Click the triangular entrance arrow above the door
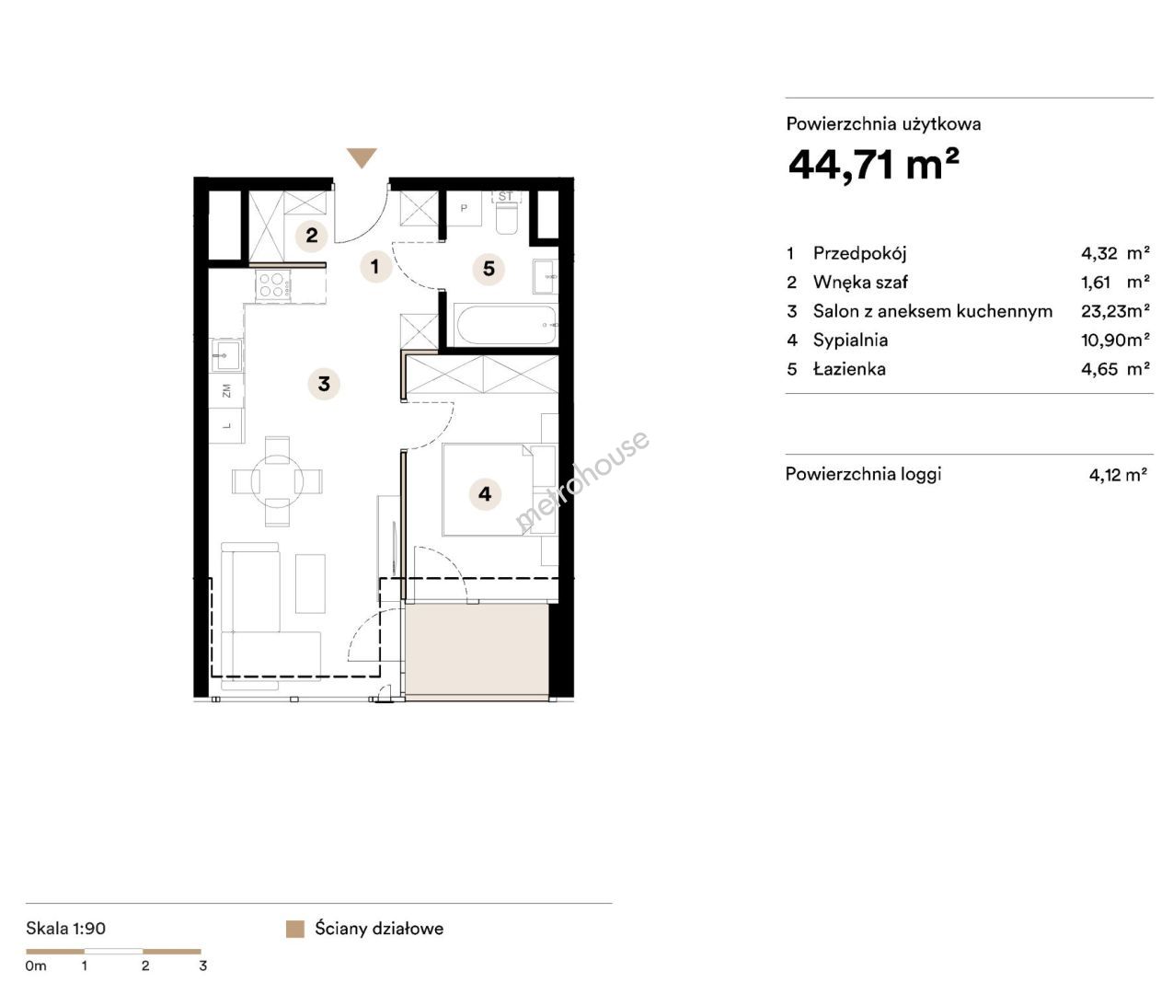pos(362,157)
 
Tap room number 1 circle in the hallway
pos(375,266)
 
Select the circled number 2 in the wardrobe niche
pos(312,235)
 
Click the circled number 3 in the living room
pos(324,384)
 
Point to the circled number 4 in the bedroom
pos(485,494)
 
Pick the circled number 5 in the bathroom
pos(489,269)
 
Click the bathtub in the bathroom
pos(506,325)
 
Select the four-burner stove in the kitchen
pos(271,285)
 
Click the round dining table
pos(277,481)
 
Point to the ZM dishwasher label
pos(227,390)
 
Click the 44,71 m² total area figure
pos(873,165)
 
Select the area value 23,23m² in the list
pos(1115,310)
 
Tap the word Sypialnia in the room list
pos(850,340)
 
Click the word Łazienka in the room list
pos(849,369)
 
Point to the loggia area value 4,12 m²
pos(1118,474)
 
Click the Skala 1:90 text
pos(66,928)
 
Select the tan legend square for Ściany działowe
pos(295,930)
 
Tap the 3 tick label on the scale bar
pos(202,965)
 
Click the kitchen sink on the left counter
pos(227,356)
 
